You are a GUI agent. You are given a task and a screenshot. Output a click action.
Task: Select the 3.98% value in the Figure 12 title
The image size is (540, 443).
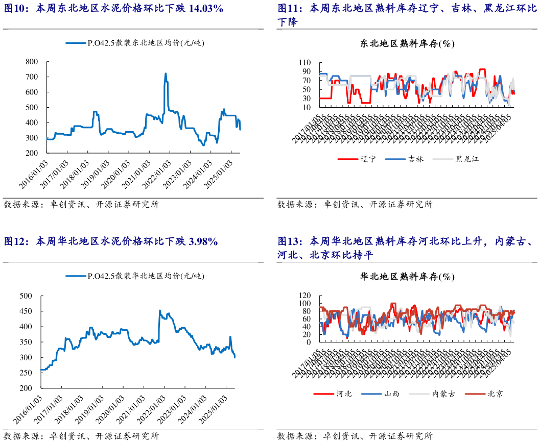point(203,241)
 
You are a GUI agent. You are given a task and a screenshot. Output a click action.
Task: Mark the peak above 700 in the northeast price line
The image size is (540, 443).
point(166,73)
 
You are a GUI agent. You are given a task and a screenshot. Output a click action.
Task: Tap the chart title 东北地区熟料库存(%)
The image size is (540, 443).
point(408,43)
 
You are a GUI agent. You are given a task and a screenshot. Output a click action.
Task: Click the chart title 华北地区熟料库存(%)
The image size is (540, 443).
point(408,277)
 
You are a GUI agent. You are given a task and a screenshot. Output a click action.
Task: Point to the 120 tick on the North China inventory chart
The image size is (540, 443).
point(305,296)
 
